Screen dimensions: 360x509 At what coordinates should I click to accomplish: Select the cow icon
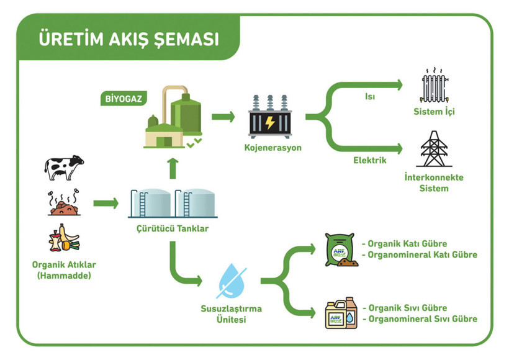click(63, 168)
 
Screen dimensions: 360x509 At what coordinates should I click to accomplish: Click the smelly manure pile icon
click(63, 203)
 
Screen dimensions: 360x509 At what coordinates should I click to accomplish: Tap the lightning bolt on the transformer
click(270, 123)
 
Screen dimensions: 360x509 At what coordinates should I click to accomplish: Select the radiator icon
click(433, 86)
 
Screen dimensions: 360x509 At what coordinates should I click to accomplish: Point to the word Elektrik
click(370, 160)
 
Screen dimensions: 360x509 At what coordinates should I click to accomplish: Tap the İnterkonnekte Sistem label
click(433, 182)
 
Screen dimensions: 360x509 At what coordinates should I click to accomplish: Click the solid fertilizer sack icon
click(341, 250)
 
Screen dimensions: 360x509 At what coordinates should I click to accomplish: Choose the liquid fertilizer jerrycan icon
click(341, 313)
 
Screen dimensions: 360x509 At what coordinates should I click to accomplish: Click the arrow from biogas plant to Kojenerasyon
click(222, 116)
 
